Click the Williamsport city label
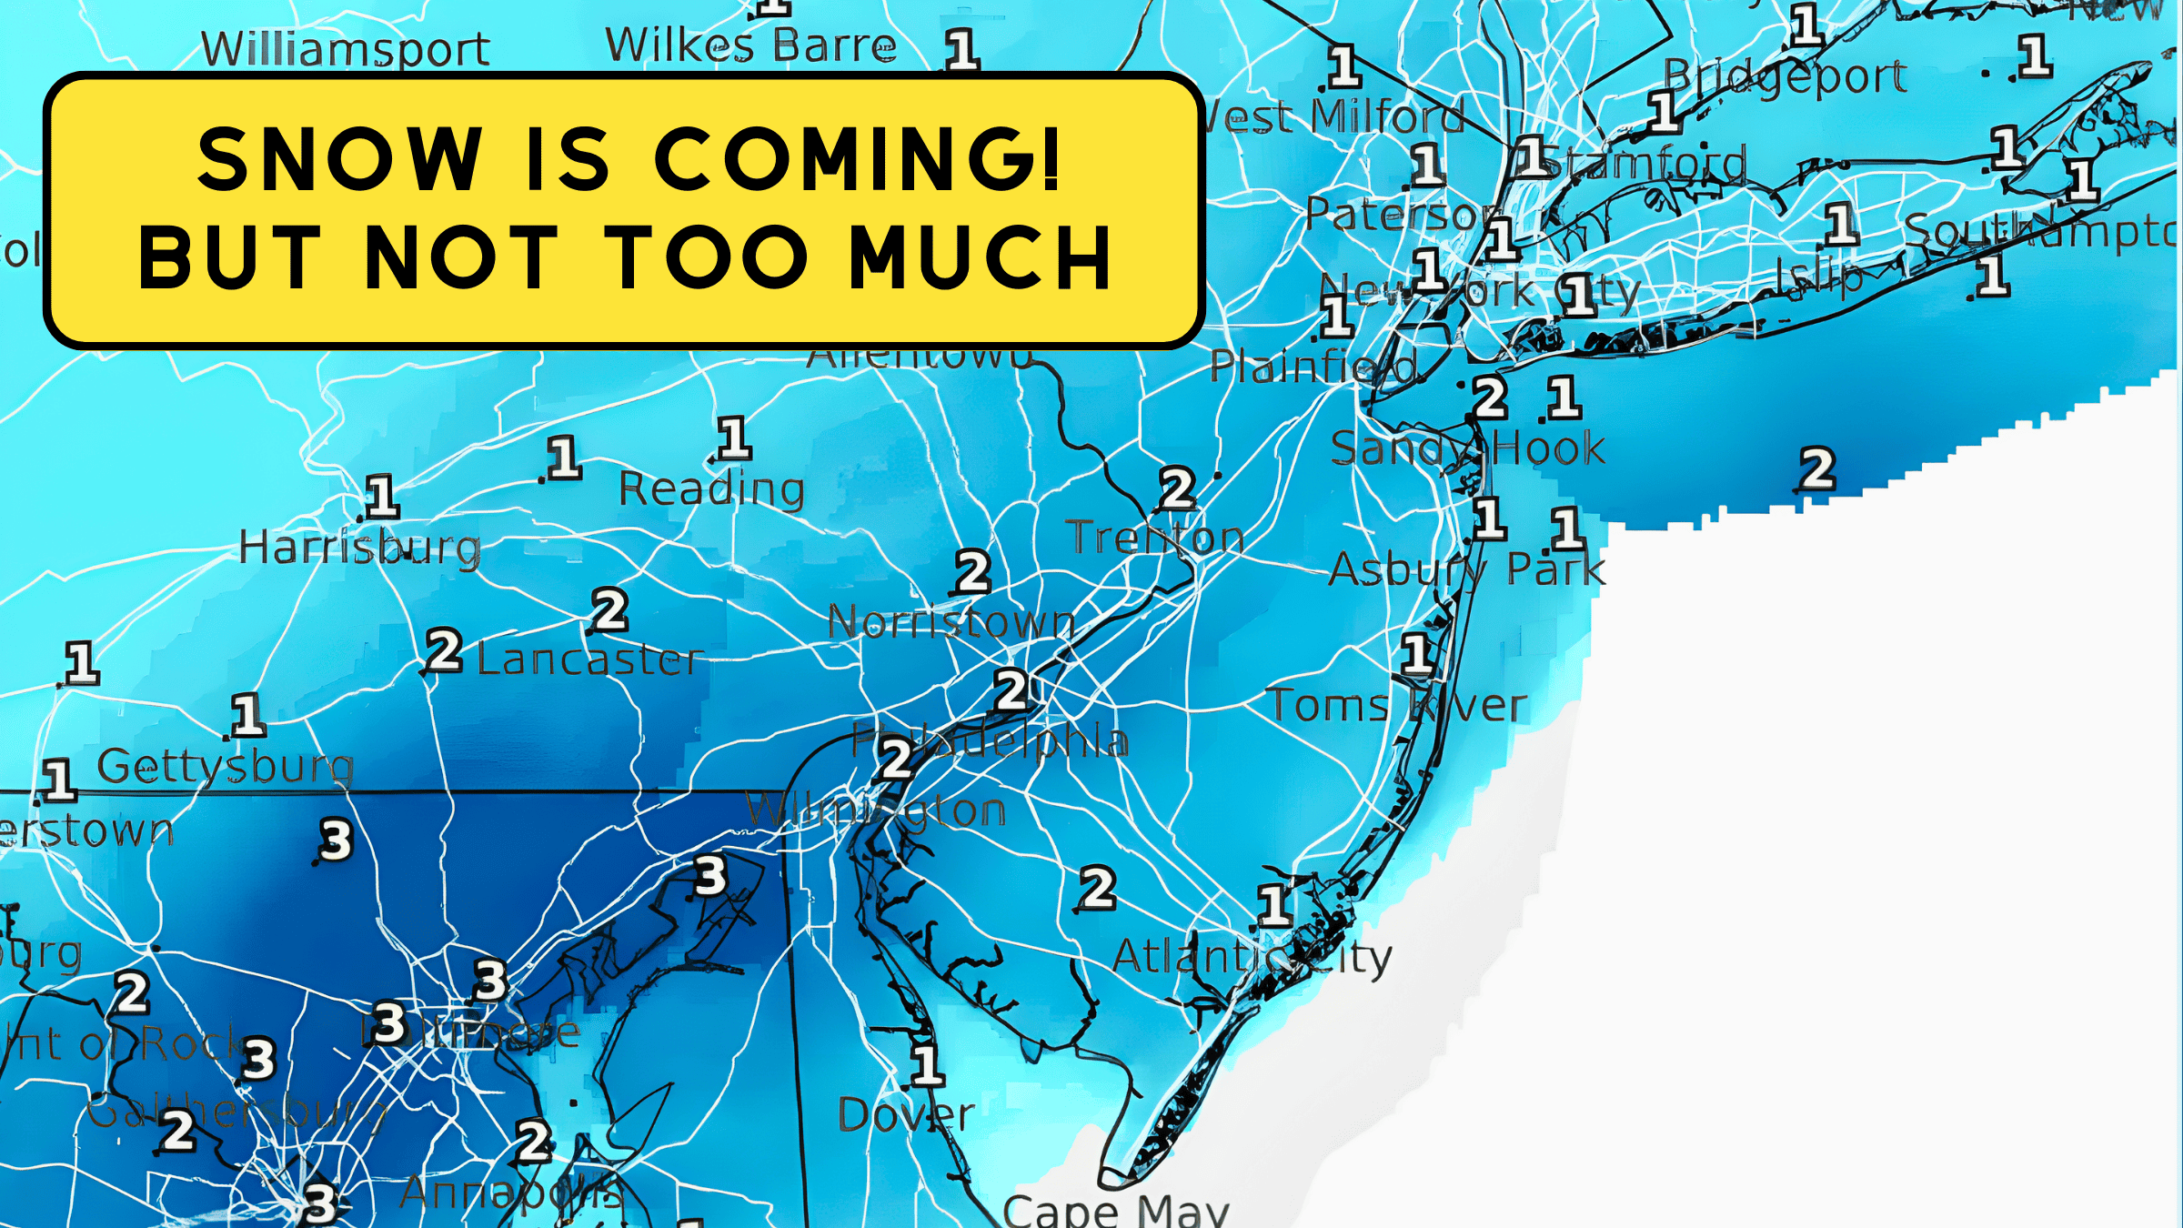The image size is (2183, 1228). (346, 49)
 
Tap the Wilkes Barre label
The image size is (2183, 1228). (750, 45)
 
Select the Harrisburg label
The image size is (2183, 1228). (359, 549)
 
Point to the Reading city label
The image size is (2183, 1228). (711, 490)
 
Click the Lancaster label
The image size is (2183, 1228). (589, 659)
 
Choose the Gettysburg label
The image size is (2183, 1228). (225, 767)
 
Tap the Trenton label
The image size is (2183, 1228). (1155, 538)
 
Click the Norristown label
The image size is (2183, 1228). (951, 623)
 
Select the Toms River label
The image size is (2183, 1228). (1396, 706)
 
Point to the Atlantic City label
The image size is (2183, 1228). (1252, 958)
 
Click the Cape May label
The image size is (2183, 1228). (1115, 1211)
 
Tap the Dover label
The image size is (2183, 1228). (906, 1115)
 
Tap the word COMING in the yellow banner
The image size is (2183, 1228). (856, 159)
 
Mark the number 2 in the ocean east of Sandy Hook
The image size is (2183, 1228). (1817, 469)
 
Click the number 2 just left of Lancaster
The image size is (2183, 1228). (445, 651)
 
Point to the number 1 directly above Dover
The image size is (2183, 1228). (927, 1065)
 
